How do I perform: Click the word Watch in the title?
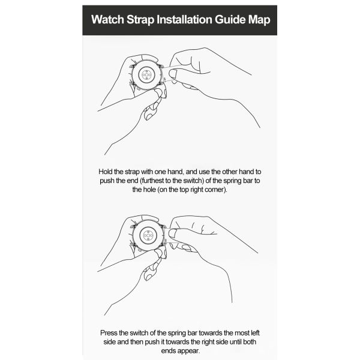(107, 19)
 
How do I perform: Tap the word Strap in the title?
(140, 20)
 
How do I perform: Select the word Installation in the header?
(184, 19)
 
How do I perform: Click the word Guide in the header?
(230, 19)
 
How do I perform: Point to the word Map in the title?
(259, 20)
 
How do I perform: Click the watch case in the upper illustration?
(146, 74)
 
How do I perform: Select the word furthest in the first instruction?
(153, 181)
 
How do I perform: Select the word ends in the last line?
(167, 351)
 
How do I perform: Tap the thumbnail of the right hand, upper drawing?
(172, 74)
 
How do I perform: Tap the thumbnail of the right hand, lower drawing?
(172, 234)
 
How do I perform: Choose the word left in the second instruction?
(256, 333)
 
